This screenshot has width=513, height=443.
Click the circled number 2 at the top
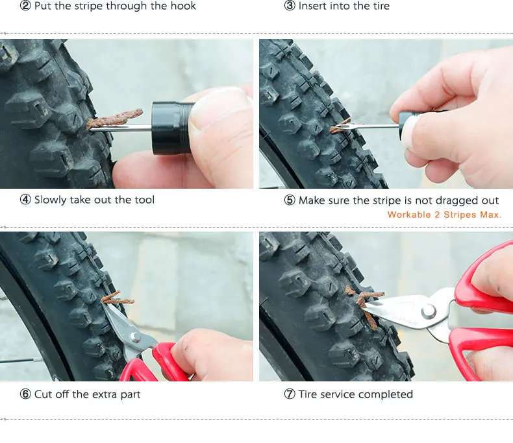coord(25,6)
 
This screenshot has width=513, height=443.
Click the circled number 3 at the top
coord(290,6)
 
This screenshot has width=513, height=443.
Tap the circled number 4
coord(25,199)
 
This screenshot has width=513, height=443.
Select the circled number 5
coord(290,200)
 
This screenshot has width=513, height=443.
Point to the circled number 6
coord(25,394)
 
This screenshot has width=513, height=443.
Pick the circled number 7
coord(290,394)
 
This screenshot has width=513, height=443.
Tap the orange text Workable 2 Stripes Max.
coord(444,215)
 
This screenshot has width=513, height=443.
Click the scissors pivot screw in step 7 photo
coord(429,311)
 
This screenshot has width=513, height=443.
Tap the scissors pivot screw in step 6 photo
coord(134,336)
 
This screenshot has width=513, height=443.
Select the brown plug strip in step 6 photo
coord(117,298)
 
